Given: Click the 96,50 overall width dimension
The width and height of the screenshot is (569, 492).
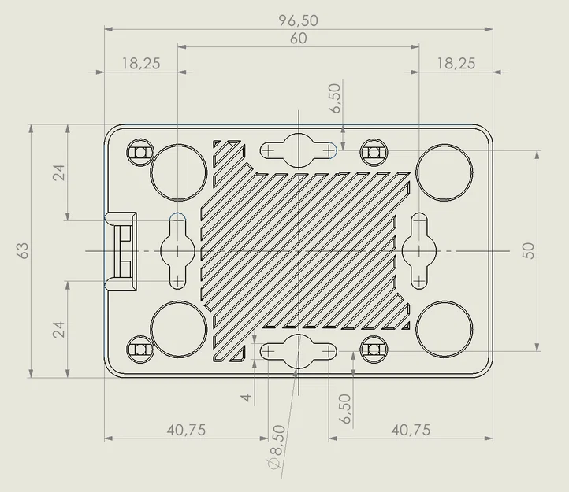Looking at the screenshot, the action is coord(298,20).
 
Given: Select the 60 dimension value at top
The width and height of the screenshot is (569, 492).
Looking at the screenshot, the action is coord(298,39).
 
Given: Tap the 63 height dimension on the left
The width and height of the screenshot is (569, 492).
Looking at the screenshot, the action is coord(23,250).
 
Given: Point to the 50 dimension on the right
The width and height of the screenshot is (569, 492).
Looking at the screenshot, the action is coord(529,250).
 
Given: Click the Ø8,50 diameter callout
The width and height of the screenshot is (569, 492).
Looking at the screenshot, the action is coord(277,446).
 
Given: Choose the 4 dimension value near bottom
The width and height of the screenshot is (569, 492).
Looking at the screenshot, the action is coord(247,398).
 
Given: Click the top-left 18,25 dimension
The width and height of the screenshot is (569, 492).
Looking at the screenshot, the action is coord(141,64).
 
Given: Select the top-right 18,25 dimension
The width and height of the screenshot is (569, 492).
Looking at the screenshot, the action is coord(456,64).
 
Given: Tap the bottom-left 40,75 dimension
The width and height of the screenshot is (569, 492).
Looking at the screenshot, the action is coord(186,431).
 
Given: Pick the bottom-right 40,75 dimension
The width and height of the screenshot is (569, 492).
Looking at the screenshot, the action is coord(411,431).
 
